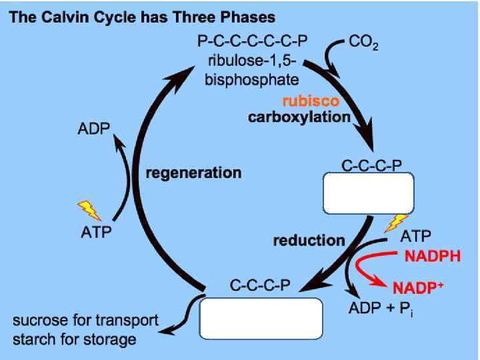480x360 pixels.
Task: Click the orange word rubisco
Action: [311, 102]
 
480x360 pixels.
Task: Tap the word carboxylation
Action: [299, 117]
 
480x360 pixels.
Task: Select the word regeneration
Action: [193, 173]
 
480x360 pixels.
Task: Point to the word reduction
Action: [309, 240]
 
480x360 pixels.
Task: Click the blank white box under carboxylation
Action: [369, 194]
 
